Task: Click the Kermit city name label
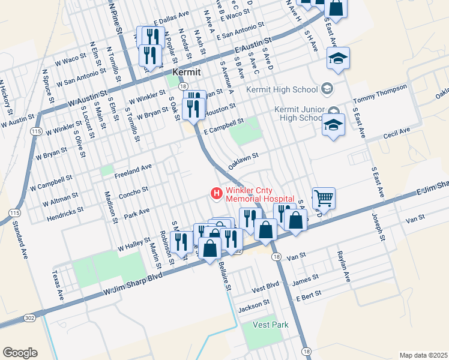[x=185, y=71]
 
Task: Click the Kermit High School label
[x=282, y=89]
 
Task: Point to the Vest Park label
[x=271, y=325]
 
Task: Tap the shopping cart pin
[x=323, y=197]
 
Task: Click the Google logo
[x=20, y=352]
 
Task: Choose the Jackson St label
[x=251, y=308]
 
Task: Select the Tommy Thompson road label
[x=380, y=93]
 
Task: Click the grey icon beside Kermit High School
[x=327, y=89]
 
